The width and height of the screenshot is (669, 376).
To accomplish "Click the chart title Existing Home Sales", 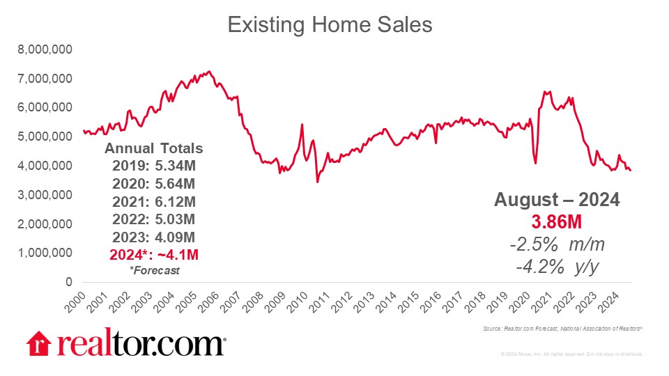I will click(330, 25).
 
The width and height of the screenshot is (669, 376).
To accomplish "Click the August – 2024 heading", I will click(557, 200).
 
